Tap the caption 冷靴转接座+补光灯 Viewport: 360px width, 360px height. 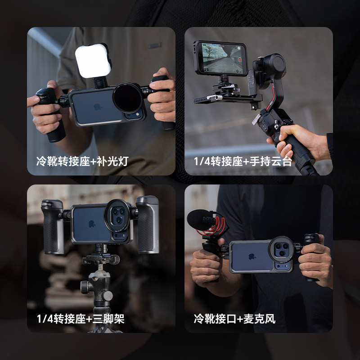point(82,161)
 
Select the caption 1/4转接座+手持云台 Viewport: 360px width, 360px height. point(243,161)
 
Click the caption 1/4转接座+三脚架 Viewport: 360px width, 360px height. point(81,319)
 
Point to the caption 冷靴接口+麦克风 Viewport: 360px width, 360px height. point(234,319)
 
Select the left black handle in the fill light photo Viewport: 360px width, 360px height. point(49,112)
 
